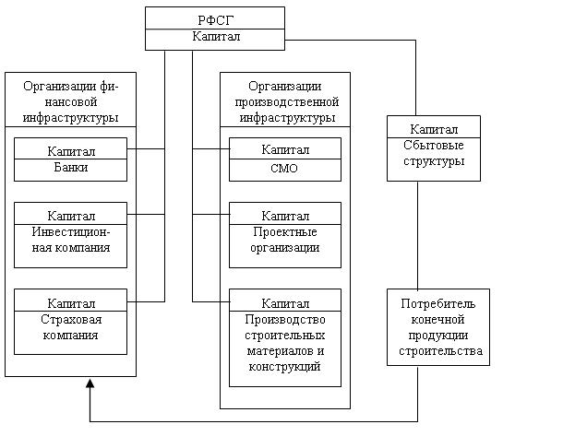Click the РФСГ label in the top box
215,20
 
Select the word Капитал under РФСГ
216,36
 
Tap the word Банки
71,167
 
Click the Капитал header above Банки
71,151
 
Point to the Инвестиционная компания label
71,240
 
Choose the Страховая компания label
71,327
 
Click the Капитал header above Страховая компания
71,303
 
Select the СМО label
284,169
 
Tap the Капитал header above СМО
285,150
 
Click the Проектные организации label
285,240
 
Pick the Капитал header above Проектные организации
285,216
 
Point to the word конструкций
284,367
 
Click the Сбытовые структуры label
434,153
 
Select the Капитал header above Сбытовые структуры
434,129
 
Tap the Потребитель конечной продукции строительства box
438,327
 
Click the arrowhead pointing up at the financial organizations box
90,383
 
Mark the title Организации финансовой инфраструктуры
71,101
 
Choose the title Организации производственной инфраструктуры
286,101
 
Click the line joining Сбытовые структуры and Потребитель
418,235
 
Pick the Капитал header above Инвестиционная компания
71,216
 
